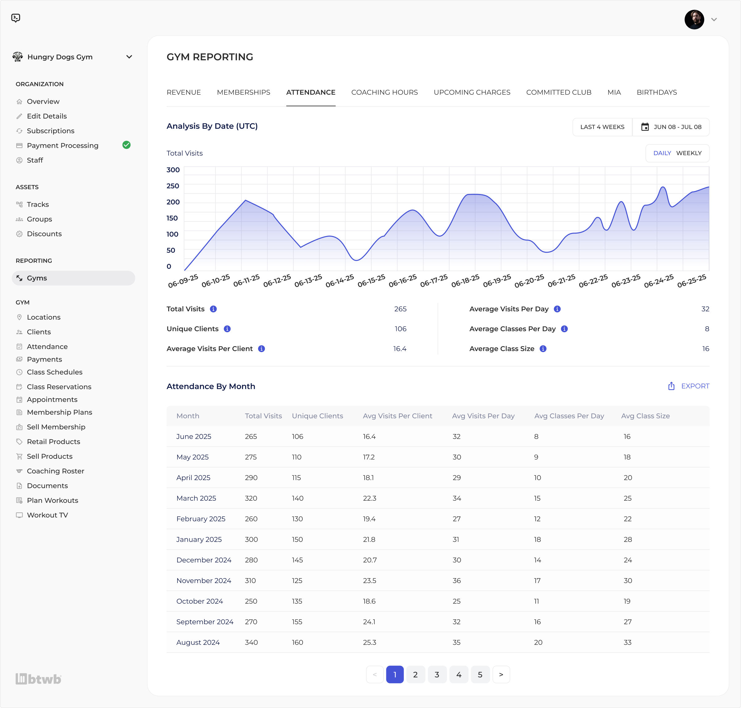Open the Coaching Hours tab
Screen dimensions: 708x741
pos(384,93)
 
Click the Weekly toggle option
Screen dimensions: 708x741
pos(689,153)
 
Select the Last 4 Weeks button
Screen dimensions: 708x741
pos(602,127)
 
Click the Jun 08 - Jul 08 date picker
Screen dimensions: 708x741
pos(671,127)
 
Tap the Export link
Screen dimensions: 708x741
pos(689,386)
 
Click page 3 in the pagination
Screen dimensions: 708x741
pos(437,675)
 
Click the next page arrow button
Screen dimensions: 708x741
pos(501,675)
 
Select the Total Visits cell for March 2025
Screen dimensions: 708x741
pos(251,498)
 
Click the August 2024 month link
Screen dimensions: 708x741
pos(198,642)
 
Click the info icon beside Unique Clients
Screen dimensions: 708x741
pos(227,329)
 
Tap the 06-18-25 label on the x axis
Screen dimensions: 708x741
pos(465,281)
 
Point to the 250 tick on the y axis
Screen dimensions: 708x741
pos(173,186)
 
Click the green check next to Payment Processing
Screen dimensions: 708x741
pos(127,145)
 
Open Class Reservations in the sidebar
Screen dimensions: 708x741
pos(59,387)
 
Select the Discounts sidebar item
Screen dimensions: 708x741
pos(44,234)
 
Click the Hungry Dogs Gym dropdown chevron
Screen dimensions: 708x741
pos(129,57)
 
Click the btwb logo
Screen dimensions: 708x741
pos(38,679)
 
